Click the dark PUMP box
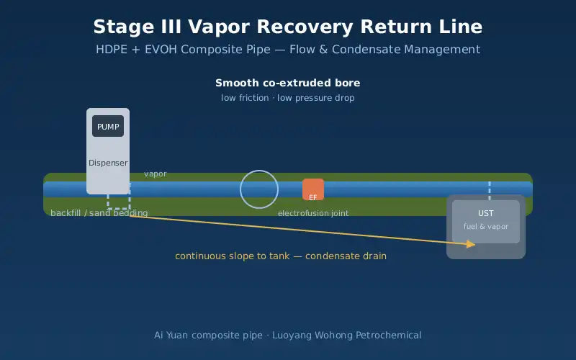[x=108, y=126]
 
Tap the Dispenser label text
[x=108, y=163]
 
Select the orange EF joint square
[x=313, y=189]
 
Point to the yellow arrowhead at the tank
[x=471, y=244]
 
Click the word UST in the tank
[x=485, y=213]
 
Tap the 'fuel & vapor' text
[x=485, y=226]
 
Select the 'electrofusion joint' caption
[x=313, y=213]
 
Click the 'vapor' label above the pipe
[x=156, y=174]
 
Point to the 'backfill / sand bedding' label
[x=99, y=213]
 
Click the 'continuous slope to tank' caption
[x=232, y=256]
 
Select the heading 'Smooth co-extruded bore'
[x=287, y=83]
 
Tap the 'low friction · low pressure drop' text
[x=287, y=98]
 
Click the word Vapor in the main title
[x=216, y=27]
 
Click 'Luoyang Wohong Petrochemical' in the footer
[x=346, y=335]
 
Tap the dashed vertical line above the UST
[x=490, y=190]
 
